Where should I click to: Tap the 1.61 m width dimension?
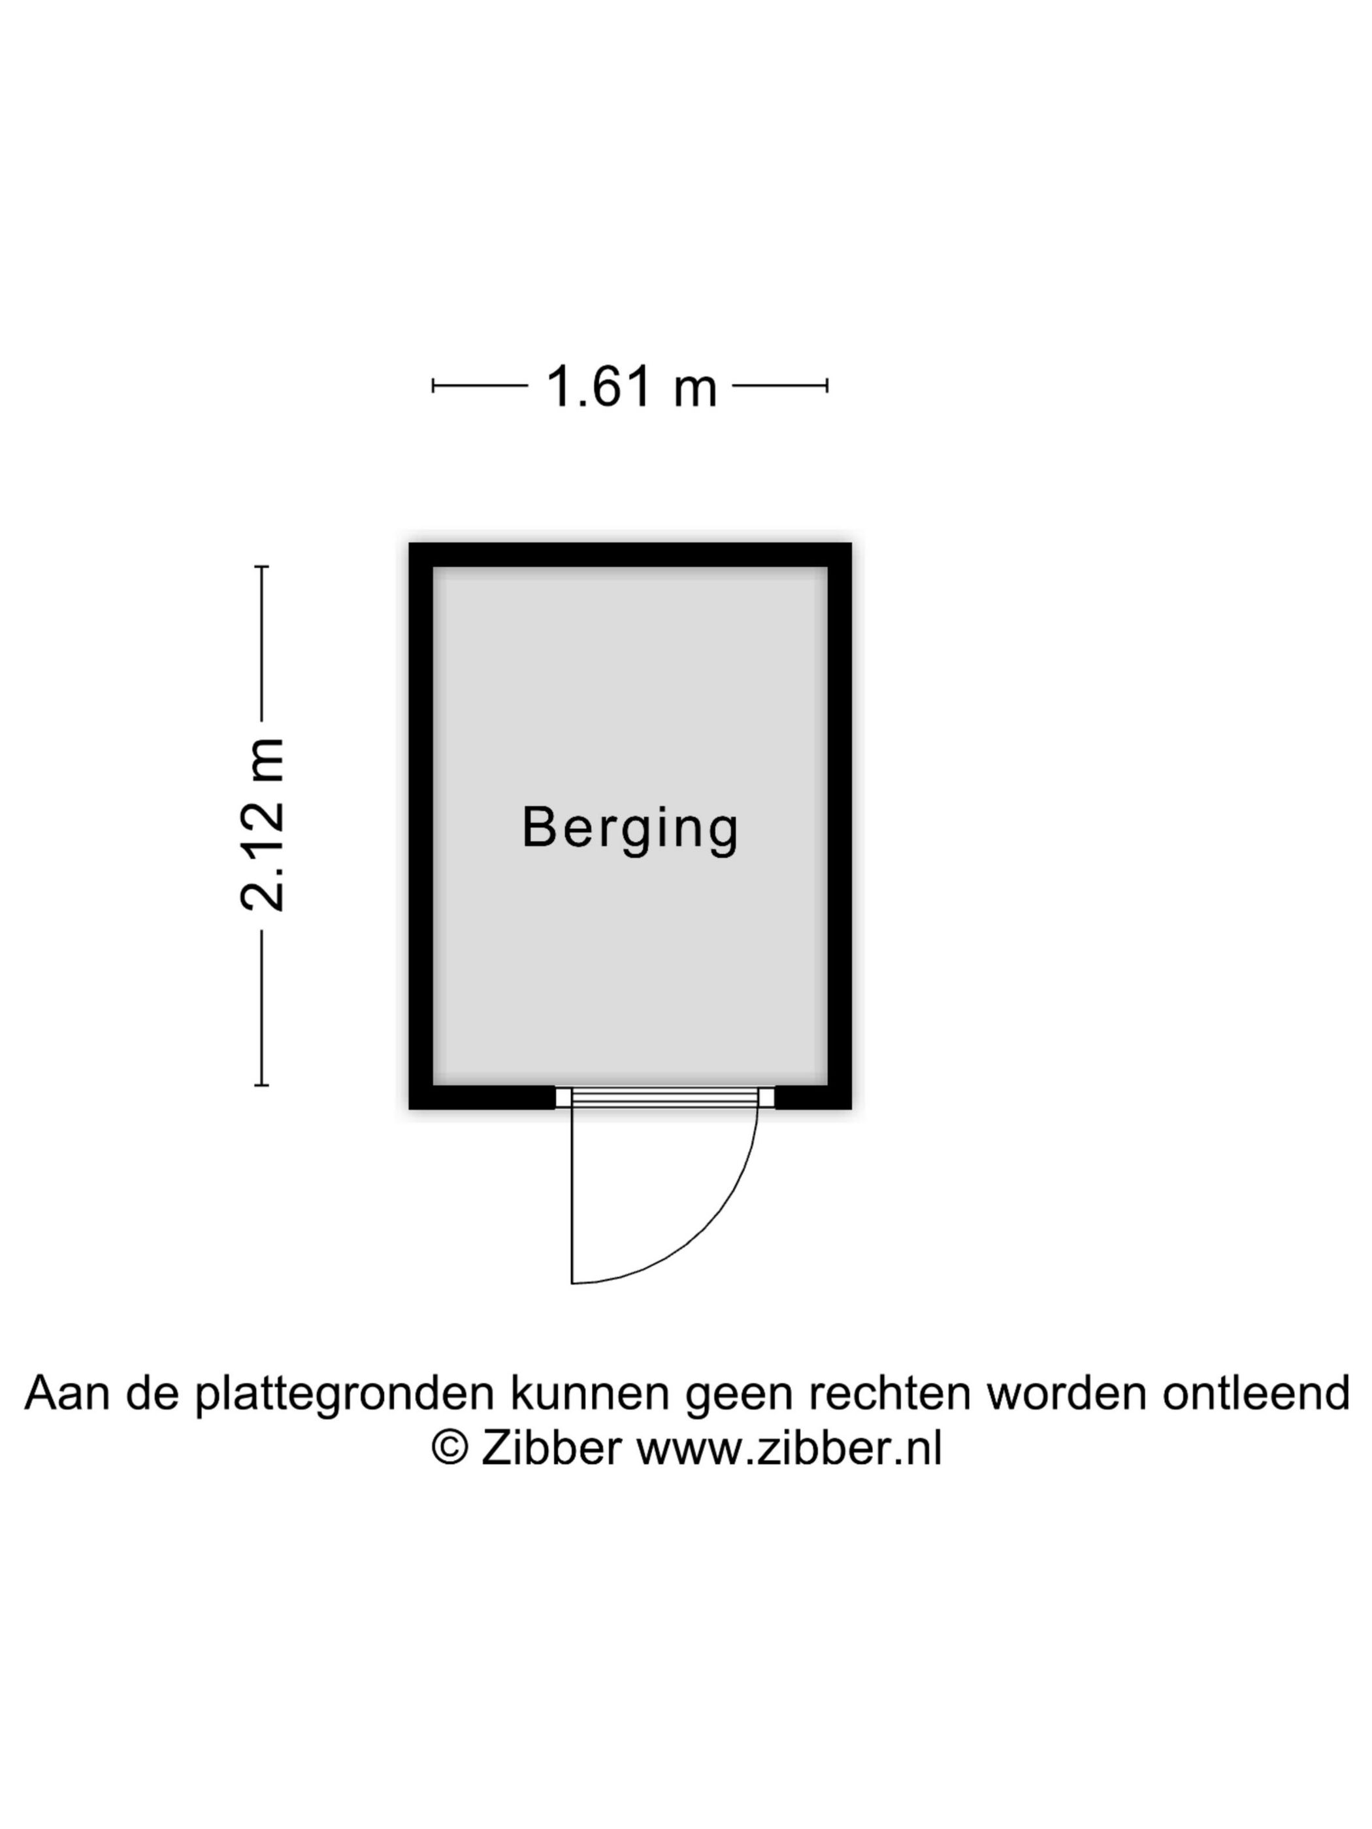coord(631,386)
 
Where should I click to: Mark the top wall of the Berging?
coord(630,555)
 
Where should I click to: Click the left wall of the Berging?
coord(421,826)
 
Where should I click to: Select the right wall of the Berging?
coord(840,826)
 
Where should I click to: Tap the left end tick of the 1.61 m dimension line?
coord(433,385)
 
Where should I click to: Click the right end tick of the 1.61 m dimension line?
coord(827,385)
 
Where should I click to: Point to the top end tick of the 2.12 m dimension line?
coord(261,566)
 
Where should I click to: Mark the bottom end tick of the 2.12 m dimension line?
coord(261,1085)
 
